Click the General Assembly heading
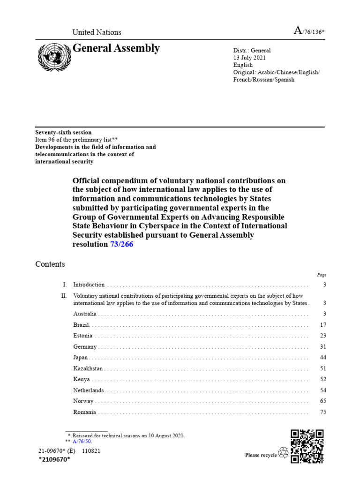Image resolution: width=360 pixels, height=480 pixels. (x=116, y=48)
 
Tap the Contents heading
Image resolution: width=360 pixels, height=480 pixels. (x=50, y=264)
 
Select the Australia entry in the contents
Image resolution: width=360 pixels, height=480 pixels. (x=85, y=313)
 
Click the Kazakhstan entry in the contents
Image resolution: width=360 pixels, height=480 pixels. (x=88, y=369)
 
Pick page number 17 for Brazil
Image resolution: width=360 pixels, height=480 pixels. (x=323, y=324)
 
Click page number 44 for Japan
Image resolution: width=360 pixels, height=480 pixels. (x=323, y=358)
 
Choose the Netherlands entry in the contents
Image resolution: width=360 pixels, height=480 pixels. (x=89, y=390)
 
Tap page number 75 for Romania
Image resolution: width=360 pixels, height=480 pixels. (x=323, y=412)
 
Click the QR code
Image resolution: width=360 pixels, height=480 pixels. (x=307, y=446)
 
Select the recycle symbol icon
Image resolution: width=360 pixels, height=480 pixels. (x=283, y=452)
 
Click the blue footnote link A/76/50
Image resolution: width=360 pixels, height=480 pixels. (x=82, y=442)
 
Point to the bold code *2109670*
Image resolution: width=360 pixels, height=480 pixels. (x=54, y=460)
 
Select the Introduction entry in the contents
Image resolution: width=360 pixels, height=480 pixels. (x=89, y=285)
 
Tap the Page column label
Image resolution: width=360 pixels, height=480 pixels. (x=322, y=275)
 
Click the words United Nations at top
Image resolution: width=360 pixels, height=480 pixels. (x=97, y=32)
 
